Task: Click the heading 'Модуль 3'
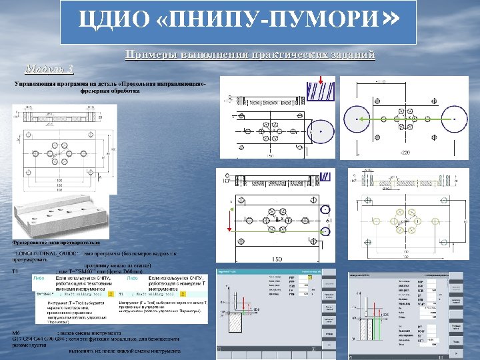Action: [x=48, y=68]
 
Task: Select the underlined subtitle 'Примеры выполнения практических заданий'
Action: [x=250, y=55]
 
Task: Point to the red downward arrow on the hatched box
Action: [x=321, y=83]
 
